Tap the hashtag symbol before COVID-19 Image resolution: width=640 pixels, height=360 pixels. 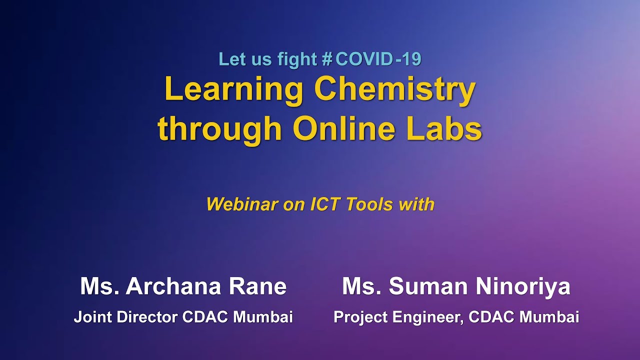(327, 59)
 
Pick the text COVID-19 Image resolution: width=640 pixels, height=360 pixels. (378, 59)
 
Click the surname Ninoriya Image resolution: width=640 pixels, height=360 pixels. (523, 287)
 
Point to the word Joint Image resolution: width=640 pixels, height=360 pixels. (90, 317)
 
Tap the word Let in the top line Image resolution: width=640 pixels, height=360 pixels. (229, 59)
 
